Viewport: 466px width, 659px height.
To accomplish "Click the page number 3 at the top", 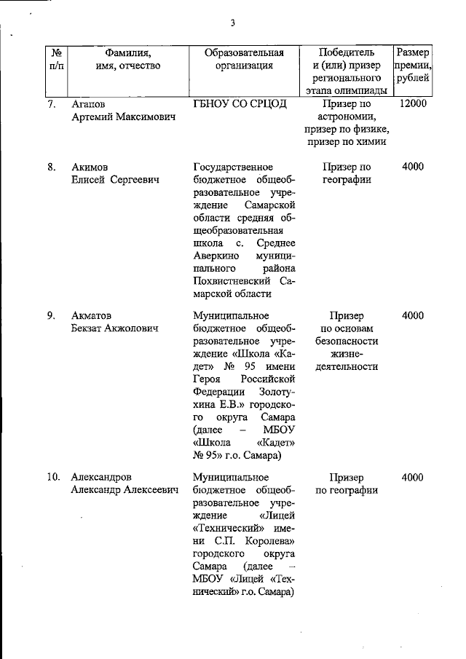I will [233, 23].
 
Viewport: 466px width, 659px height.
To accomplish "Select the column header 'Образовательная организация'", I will [244, 59].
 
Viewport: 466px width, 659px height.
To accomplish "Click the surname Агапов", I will [89, 103].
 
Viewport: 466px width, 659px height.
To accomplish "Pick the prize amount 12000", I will [413, 103].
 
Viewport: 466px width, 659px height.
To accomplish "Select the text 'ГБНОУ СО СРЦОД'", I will [240, 103].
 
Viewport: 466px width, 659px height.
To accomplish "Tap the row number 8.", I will [52, 167].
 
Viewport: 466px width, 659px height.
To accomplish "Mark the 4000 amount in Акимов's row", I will [413, 167].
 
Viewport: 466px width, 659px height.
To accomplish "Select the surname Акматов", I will [91, 316].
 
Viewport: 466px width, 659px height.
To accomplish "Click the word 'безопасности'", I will [347, 341].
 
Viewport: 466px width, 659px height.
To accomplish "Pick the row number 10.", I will [53, 478].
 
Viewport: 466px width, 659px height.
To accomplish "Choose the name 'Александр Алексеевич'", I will [125, 491].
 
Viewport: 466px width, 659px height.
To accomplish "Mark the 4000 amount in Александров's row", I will [413, 478].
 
